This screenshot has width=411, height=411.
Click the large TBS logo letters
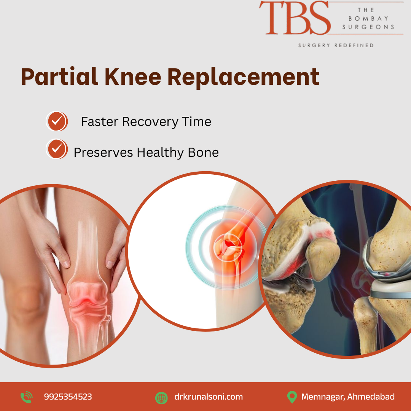pos(295,18)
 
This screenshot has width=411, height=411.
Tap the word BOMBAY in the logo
pos(368,18)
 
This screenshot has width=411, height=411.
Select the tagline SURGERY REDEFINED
pos(336,45)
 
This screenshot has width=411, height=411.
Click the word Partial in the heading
pos(59,77)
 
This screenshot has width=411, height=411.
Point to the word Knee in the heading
pos(133,77)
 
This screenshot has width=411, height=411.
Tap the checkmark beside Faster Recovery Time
pos(57,121)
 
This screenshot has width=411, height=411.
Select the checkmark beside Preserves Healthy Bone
pos(57,149)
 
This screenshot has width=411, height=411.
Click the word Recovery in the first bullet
pos(150,122)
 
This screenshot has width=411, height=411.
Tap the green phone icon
pos(27,397)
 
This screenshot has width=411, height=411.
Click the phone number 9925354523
pos(68,397)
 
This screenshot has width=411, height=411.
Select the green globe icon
pos(161,398)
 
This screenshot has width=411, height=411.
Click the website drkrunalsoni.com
pos(209,397)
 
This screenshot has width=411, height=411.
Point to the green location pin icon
pos(292,397)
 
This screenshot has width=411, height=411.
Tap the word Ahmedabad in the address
pos(371,397)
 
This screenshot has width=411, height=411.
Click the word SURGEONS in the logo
pos(368,27)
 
